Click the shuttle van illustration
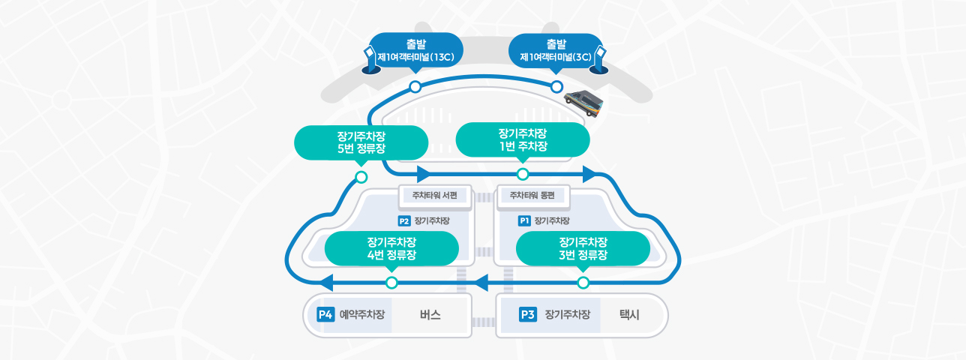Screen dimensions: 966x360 [x=584, y=103]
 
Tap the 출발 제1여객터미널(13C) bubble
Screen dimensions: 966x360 [x=415, y=51]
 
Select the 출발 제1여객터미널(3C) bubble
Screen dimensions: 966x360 [x=556, y=51]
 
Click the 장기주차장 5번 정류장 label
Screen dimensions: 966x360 [x=361, y=143]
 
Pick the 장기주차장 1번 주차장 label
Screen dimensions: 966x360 [x=523, y=140]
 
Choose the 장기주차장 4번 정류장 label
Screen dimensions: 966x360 [x=391, y=249]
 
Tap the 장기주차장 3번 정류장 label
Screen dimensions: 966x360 [x=583, y=249]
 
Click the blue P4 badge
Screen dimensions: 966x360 [x=325, y=315]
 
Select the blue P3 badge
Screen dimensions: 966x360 [x=528, y=315]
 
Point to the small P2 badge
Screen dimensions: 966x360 [x=403, y=221]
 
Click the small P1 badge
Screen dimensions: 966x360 [x=524, y=221]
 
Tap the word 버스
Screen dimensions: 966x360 [x=430, y=315]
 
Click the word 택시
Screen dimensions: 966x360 [x=629, y=315]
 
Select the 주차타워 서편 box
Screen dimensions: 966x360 [x=435, y=196]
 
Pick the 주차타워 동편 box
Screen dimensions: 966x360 [x=533, y=196]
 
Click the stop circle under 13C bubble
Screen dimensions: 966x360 [x=415, y=87]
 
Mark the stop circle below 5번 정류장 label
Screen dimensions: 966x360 [x=361, y=177]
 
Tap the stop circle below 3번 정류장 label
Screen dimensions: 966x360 [x=583, y=283]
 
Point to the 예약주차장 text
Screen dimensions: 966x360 [x=362, y=315]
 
